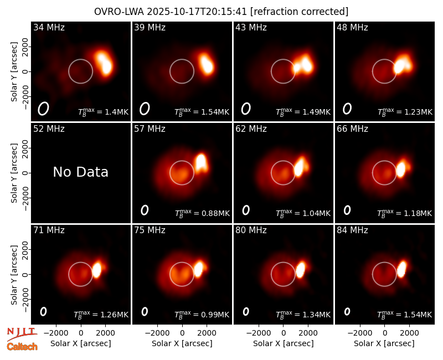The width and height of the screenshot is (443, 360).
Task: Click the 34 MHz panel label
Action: click(x=49, y=27)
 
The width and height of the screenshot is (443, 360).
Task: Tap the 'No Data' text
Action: click(x=80, y=172)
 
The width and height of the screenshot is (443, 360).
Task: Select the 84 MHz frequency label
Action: click(x=352, y=230)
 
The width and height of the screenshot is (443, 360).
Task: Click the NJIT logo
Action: click(x=22, y=333)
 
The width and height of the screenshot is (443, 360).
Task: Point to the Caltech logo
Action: click(x=22, y=347)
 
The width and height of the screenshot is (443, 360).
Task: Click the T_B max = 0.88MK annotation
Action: click(x=202, y=213)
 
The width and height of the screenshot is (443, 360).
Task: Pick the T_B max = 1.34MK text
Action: click(x=303, y=315)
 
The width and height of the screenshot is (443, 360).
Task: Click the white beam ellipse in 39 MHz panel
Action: click(x=145, y=109)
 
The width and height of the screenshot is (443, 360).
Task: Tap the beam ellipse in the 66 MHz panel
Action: click(x=347, y=210)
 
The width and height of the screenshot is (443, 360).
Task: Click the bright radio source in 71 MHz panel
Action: click(x=97, y=269)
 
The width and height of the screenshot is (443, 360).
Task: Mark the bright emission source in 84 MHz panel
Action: click(x=401, y=269)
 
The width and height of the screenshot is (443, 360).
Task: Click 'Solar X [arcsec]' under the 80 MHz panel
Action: click(x=284, y=343)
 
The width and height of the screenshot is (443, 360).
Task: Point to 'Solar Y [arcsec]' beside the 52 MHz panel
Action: click(x=14, y=173)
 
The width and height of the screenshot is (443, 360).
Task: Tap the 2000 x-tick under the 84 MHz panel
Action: click(x=409, y=333)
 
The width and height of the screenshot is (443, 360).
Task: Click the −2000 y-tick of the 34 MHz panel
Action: click(x=25, y=96)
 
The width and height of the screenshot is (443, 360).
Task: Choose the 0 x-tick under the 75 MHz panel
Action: click(x=182, y=333)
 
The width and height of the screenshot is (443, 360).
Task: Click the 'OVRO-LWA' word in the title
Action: click(x=119, y=12)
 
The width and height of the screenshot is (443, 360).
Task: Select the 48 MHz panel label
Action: click(x=352, y=27)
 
